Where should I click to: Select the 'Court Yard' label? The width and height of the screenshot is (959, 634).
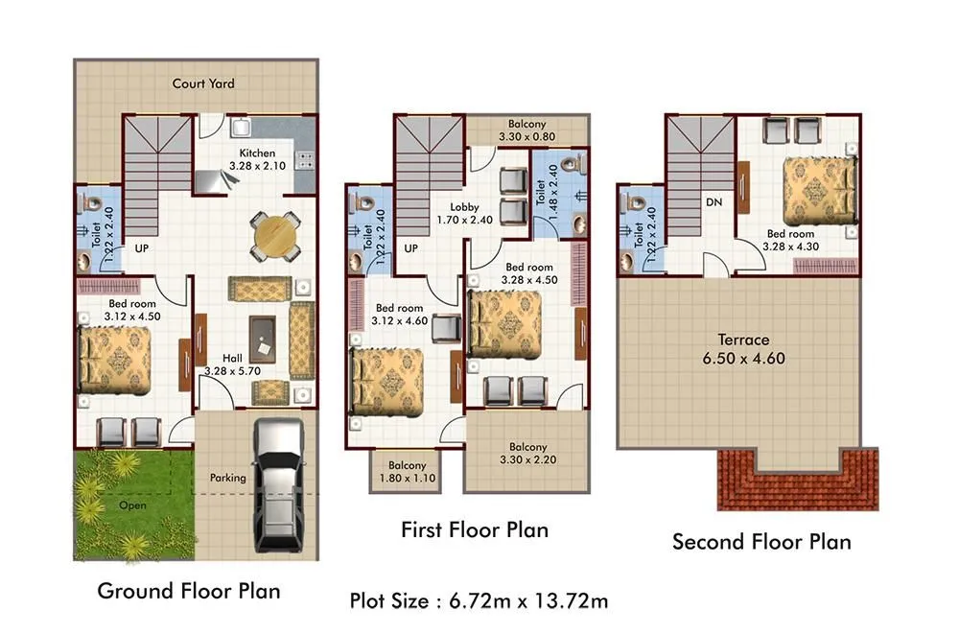click(x=203, y=83)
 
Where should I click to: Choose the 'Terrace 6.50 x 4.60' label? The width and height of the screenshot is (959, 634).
click(x=744, y=348)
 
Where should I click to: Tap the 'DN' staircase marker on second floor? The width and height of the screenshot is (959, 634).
click(x=713, y=203)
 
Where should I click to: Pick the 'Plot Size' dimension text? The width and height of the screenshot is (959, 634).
click(x=479, y=601)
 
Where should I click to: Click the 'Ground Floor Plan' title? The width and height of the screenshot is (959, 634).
click(x=189, y=590)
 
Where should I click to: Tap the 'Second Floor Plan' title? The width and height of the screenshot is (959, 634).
click(x=761, y=542)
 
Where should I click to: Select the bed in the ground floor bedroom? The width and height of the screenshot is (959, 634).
click(x=116, y=358)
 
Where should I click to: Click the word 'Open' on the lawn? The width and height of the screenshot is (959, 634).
click(x=133, y=505)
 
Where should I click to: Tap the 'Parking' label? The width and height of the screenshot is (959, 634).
click(x=228, y=478)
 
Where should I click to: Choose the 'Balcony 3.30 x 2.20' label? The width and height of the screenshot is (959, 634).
click(x=528, y=454)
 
